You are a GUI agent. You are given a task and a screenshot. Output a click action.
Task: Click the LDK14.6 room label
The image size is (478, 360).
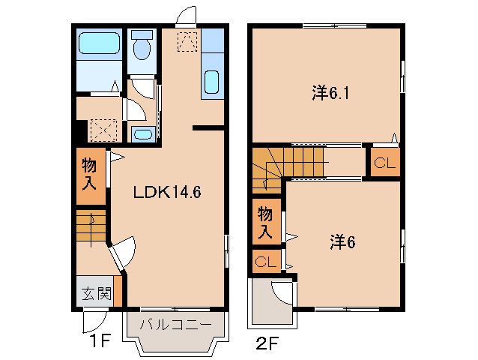(166, 191)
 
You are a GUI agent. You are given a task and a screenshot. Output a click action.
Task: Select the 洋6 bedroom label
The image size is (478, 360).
(341, 241)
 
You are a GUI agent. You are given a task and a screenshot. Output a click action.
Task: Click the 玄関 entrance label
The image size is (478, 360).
(93, 293)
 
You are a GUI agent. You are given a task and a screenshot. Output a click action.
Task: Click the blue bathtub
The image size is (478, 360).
(99, 44)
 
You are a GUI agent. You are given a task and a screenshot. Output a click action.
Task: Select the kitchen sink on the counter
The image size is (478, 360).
(211, 82)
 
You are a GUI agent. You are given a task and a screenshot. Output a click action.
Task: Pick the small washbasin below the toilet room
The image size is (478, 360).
(142, 134)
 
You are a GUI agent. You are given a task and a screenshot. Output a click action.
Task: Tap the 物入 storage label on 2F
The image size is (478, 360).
(265, 222)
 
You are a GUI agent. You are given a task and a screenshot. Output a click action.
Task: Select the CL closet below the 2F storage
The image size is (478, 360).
(265, 262)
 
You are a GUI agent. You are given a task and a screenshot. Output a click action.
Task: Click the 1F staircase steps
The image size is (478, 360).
(90, 226)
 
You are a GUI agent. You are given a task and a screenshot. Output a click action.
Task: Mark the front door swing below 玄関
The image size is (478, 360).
(93, 321)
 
